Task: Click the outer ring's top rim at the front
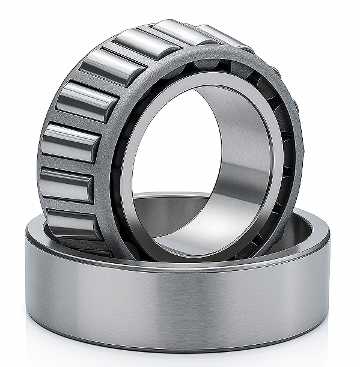(x=180, y=264)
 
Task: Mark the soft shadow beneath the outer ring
(x=180, y=359)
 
